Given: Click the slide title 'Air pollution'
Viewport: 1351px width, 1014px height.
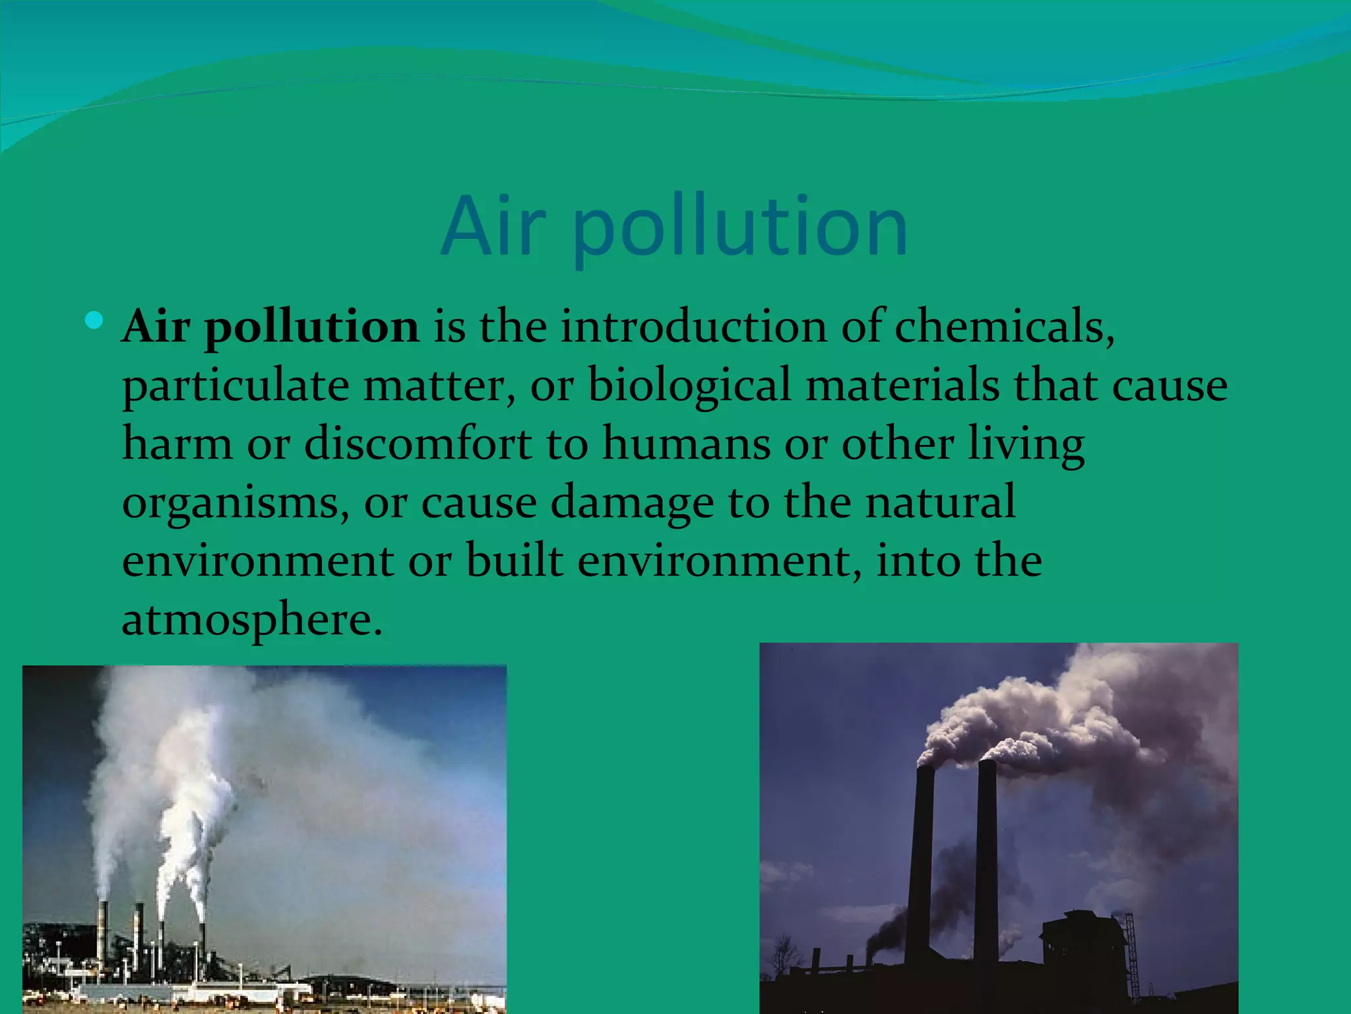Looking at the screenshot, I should (x=674, y=226).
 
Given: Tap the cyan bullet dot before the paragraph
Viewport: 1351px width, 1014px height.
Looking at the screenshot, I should (x=94, y=321).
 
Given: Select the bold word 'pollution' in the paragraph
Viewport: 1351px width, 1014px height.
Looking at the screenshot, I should (x=311, y=328).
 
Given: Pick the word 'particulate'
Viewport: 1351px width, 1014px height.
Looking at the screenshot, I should (x=236, y=386).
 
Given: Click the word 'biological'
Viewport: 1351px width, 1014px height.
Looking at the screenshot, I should (x=689, y=386).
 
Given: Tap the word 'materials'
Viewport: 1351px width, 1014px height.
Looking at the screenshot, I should (x=902, y=385).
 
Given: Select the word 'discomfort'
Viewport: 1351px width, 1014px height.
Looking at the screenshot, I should (x=418, y=443).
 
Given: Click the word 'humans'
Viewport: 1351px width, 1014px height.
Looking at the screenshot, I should (x=686, y=444).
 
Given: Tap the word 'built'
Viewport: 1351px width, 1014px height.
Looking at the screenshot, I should (x=515, y=560).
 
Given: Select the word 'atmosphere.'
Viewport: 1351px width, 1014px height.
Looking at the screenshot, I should (x=252, y=620).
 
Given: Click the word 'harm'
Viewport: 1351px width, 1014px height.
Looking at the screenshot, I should (x=177, y=443).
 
